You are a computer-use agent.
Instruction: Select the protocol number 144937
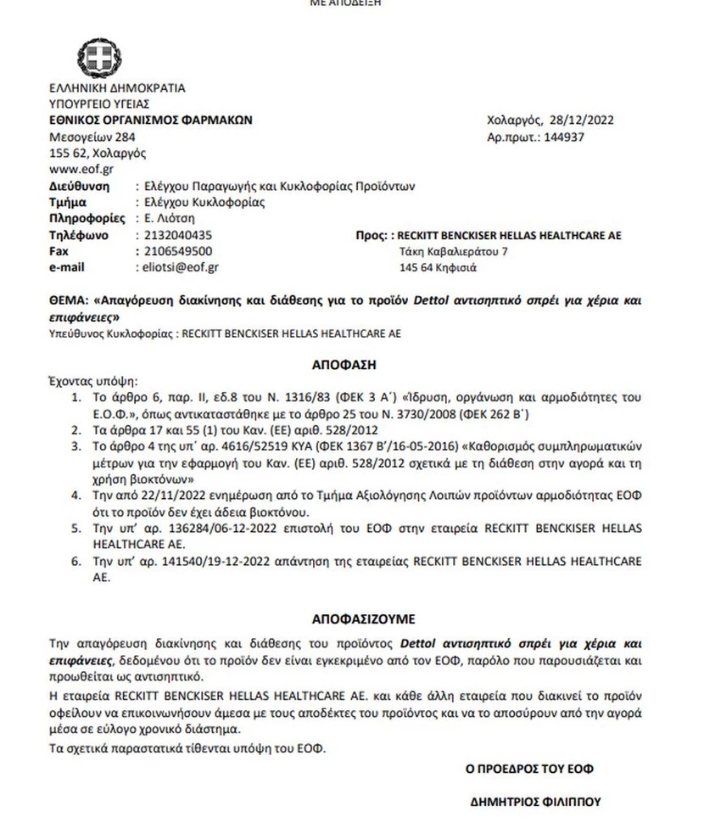(564, 137)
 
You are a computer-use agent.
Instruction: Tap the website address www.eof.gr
(76, 170)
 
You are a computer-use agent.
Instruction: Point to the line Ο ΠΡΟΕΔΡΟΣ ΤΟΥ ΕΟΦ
(529, 769)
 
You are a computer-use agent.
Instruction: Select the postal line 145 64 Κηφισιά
(438, 268)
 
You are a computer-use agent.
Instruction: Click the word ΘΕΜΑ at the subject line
(70, 300)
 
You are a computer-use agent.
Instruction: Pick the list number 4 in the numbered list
(75, 493)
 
